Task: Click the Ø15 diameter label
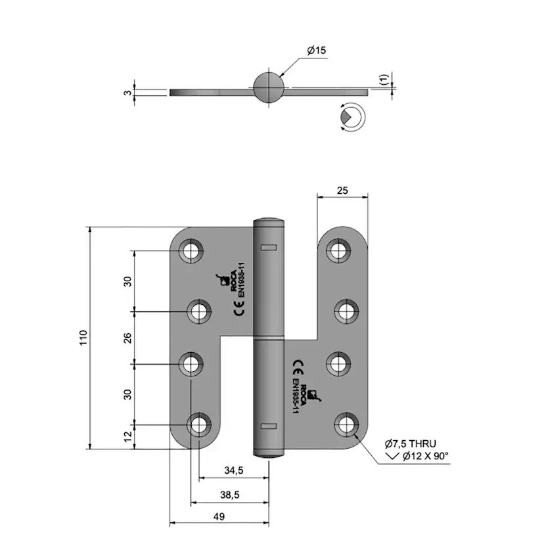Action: point(317,51)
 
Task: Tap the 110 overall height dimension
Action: point(83,338)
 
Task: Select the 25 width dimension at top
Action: point(342,191)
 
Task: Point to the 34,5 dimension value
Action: point(233,470)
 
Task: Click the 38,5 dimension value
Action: point(230,495)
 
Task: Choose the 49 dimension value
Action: point(219,516)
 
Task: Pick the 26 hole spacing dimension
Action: point(127,338)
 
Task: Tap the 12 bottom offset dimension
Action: point(128,436)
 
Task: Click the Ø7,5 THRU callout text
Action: point(411,443)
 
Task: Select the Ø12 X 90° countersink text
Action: point(426,456)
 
